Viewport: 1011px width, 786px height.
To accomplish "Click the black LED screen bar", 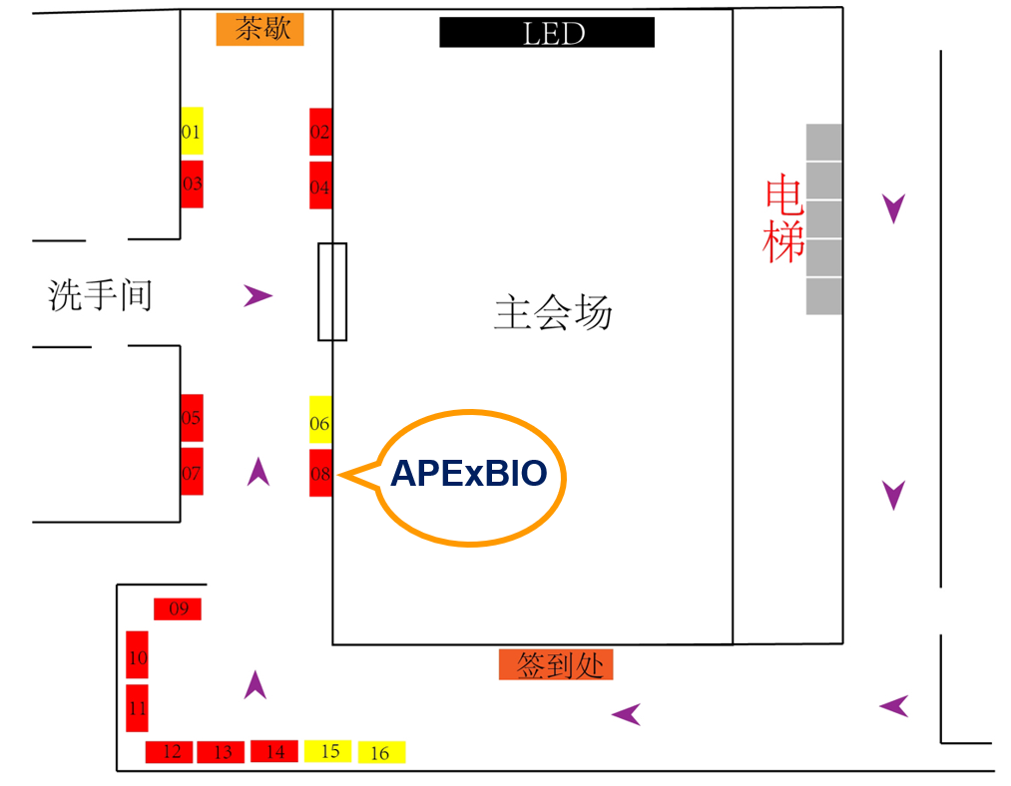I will (547, 33).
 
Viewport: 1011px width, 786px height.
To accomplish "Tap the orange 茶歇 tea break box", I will (260, 30).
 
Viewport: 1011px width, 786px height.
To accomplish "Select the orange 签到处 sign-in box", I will (556, 665).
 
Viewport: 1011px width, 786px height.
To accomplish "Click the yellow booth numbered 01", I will (192, 132).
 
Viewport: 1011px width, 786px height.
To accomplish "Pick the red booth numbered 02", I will (320, 132).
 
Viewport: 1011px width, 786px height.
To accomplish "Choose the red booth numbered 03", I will (192, 185).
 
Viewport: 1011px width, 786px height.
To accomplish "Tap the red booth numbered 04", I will (320, 187).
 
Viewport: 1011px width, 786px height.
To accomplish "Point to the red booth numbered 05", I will (192, 418).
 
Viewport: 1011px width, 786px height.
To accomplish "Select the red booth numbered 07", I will (192, 472).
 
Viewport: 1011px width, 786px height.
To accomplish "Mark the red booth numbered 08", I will (320, 474).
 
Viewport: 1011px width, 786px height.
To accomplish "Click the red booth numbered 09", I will (178, 608).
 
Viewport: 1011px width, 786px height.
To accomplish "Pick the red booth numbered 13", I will (222, 752).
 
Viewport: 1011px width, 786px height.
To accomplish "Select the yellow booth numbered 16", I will (381, 753).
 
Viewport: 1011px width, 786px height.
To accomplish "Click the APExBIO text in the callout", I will (469, 473).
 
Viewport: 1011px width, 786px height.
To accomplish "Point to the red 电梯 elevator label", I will (784, 219).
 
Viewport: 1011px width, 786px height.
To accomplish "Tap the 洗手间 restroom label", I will (100, 295).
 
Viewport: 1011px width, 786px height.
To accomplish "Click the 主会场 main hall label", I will (552, 313).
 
